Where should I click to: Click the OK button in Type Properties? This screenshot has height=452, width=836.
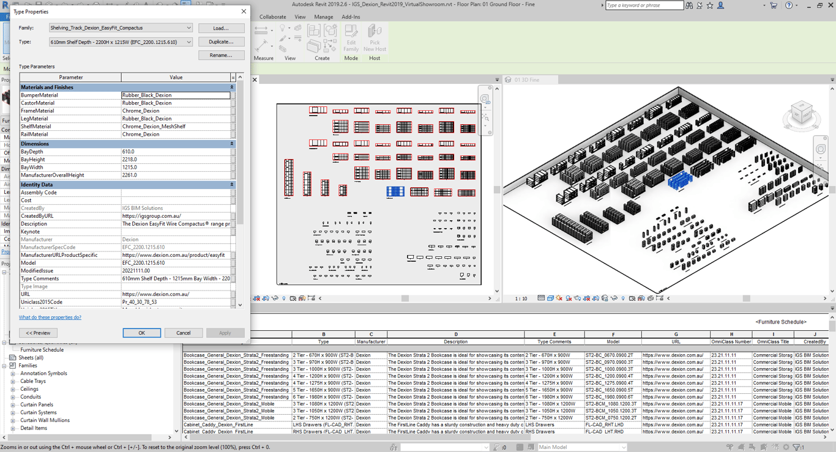pos(141,333)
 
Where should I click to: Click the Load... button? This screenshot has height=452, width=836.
pos(221,28)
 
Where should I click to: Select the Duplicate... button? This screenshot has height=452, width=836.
pos(221,42)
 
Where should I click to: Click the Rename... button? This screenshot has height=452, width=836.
pos(221,55)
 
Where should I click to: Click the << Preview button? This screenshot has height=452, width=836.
pos(38,333)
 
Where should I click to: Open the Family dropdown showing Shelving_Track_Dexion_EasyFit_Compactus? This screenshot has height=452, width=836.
pos(121,28)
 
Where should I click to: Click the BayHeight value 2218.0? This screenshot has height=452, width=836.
pos(176,160)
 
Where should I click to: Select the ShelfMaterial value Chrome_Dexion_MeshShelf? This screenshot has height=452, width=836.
pos(176,127)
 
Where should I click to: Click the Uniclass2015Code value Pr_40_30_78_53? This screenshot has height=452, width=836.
pos(176,302)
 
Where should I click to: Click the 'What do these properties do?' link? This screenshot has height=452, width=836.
pos(50,317)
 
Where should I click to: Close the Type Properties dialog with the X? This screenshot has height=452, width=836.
pos(244,12)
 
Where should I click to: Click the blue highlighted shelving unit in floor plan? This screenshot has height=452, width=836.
pos(395,192)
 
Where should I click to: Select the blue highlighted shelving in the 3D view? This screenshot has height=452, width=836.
pos(679,180)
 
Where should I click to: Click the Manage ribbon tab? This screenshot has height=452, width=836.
pos(323,17)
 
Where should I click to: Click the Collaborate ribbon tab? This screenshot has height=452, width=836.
pos(272,17)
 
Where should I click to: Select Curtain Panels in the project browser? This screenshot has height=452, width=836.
pos(37,405)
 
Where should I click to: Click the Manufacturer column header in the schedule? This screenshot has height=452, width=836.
pos(371,342)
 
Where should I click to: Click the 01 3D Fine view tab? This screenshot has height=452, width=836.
pos(527,80)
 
